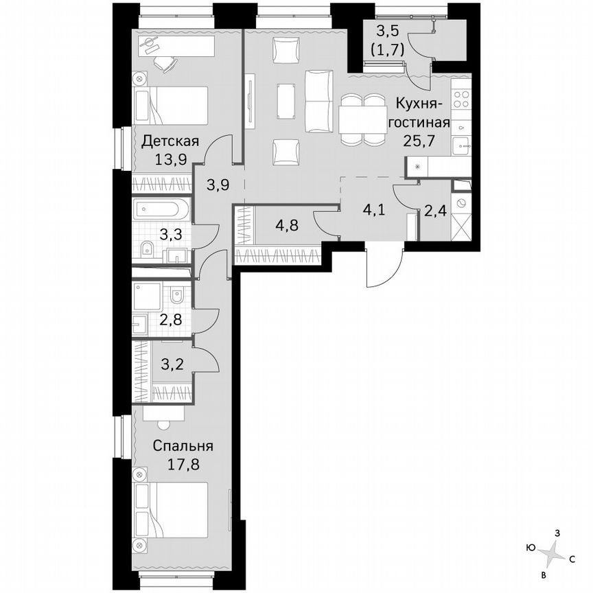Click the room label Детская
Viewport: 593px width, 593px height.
[x=170, y=142]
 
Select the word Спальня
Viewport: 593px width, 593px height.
[x=183, y=445]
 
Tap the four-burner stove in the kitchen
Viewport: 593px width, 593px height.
[x=461, y=101]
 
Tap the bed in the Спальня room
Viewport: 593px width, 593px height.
[x=181, y=512]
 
